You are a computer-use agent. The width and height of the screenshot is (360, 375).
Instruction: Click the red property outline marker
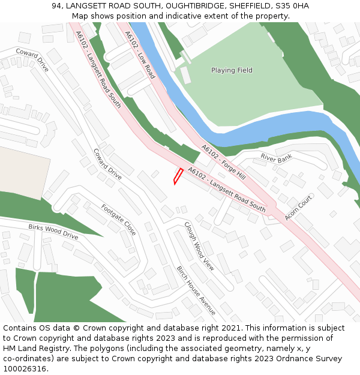point(178,176)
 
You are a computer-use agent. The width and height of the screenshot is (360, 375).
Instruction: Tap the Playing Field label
point(232,70)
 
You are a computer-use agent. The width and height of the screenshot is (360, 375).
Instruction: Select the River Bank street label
point(276,158)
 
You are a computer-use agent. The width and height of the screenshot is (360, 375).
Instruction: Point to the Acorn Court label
point(298,207)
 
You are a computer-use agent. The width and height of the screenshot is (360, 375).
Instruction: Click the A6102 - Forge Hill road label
point(223,162)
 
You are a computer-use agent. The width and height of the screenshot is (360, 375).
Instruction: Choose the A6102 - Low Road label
point(140,55)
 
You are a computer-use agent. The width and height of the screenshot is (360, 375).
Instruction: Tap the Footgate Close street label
point(118,220)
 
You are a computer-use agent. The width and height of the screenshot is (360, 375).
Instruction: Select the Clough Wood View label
point(199,245)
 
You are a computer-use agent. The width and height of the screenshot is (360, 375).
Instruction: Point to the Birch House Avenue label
point(196,290)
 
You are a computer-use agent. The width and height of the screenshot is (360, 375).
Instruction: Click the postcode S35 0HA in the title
point(292,5)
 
